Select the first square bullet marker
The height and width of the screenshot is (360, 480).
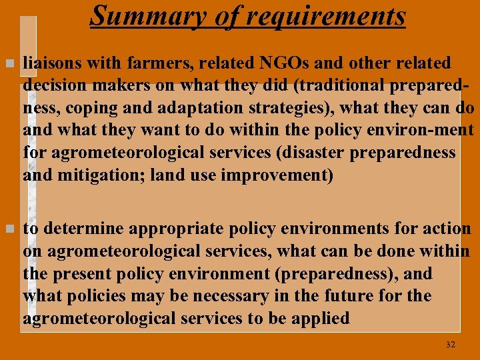click(8, 63)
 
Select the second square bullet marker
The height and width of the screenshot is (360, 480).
click(8, 229)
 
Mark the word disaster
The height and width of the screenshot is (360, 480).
click(304, 153)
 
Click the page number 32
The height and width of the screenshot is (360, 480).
click(450, 344)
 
